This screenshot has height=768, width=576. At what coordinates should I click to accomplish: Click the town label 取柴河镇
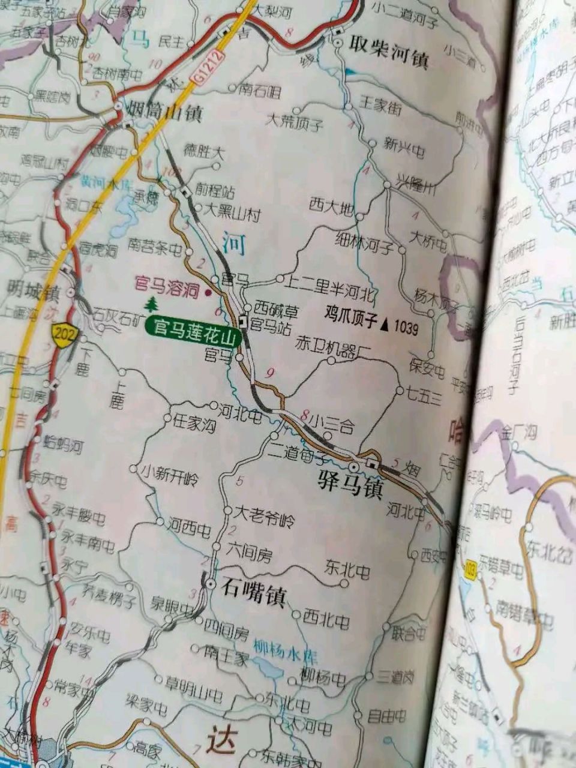click(389, 58)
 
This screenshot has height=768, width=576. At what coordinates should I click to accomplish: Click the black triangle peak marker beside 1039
click(385, 325)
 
